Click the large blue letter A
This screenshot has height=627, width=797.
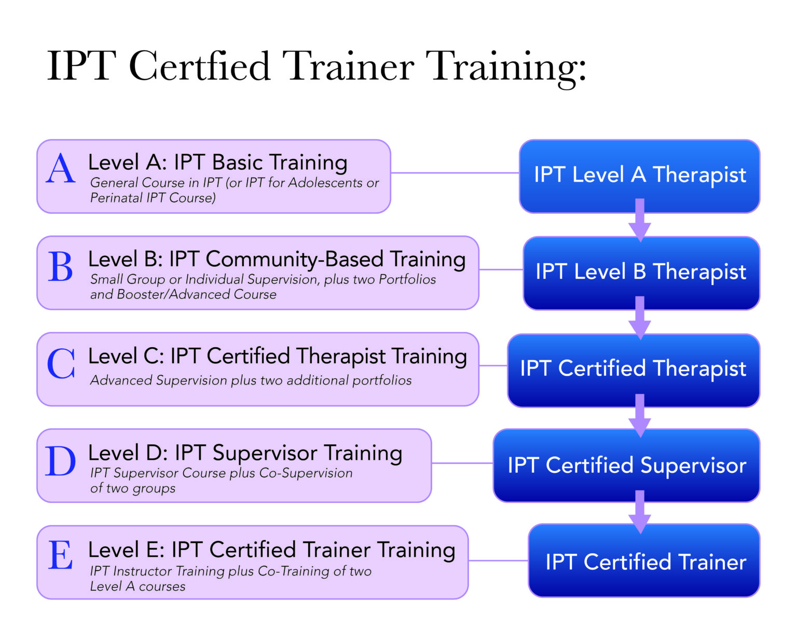tap(61, 169)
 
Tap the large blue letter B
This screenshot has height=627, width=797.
tap(61, 267)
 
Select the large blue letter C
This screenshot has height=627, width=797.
tap(61, 363)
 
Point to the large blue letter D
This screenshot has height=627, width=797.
tap(61, 461)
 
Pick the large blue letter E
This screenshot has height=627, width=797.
tap(61, 555)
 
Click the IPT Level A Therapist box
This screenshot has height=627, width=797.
tap(640, 175)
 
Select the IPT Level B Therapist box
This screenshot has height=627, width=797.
tap(641, 271)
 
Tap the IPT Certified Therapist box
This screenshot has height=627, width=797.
tap(633, 369)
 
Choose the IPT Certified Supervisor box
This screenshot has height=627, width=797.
tap(627, 465)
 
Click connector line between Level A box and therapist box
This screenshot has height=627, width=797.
tap(455, 173)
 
